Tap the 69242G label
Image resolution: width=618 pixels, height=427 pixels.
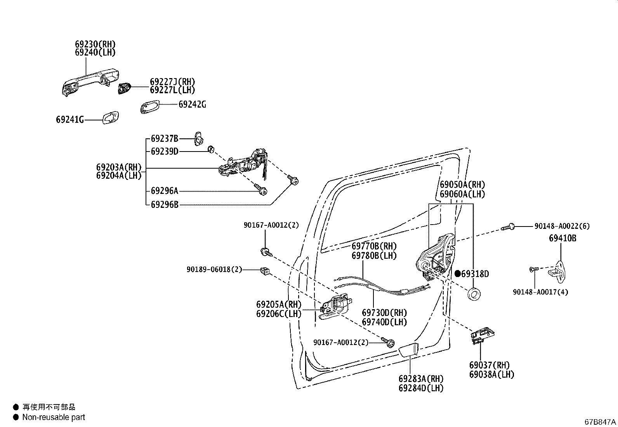click(192, 105)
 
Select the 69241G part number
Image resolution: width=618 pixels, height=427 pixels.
click(70, 120)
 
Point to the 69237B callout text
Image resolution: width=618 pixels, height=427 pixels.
click(164, 139)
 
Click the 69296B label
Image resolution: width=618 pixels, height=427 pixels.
click(164, 204)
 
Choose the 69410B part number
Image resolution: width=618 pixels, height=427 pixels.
click(562, 238)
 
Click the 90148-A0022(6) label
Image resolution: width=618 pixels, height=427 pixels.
click(562, 226)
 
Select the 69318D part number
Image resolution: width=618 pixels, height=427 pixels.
click(475, 274)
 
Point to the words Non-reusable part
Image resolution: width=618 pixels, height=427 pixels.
click(54, 417)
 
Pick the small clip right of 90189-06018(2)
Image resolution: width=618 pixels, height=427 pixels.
click(265, 271)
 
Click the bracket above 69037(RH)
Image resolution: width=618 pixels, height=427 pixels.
click(483, 334)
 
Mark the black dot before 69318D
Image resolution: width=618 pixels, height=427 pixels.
click(457, 274)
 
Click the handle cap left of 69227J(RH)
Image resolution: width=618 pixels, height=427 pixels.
click(124, 88)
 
